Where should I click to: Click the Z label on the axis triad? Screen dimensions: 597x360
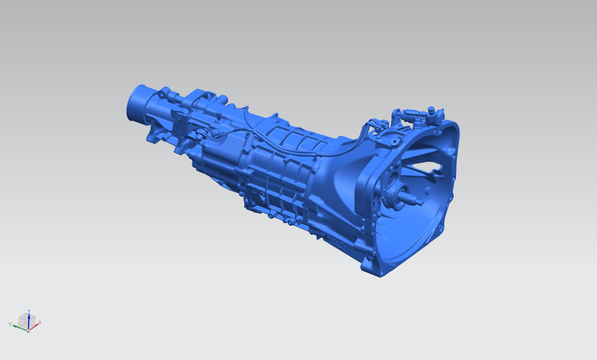[x=29, y=312]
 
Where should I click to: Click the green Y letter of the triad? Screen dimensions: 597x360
[x=10, y=324]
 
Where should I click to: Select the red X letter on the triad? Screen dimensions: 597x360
[x=40, y=323]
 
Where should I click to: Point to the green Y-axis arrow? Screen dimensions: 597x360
[x=20, y=328]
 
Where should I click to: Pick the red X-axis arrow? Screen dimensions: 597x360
[x=34, y=327]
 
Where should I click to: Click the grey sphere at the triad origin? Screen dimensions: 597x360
[x=28, y=331]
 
